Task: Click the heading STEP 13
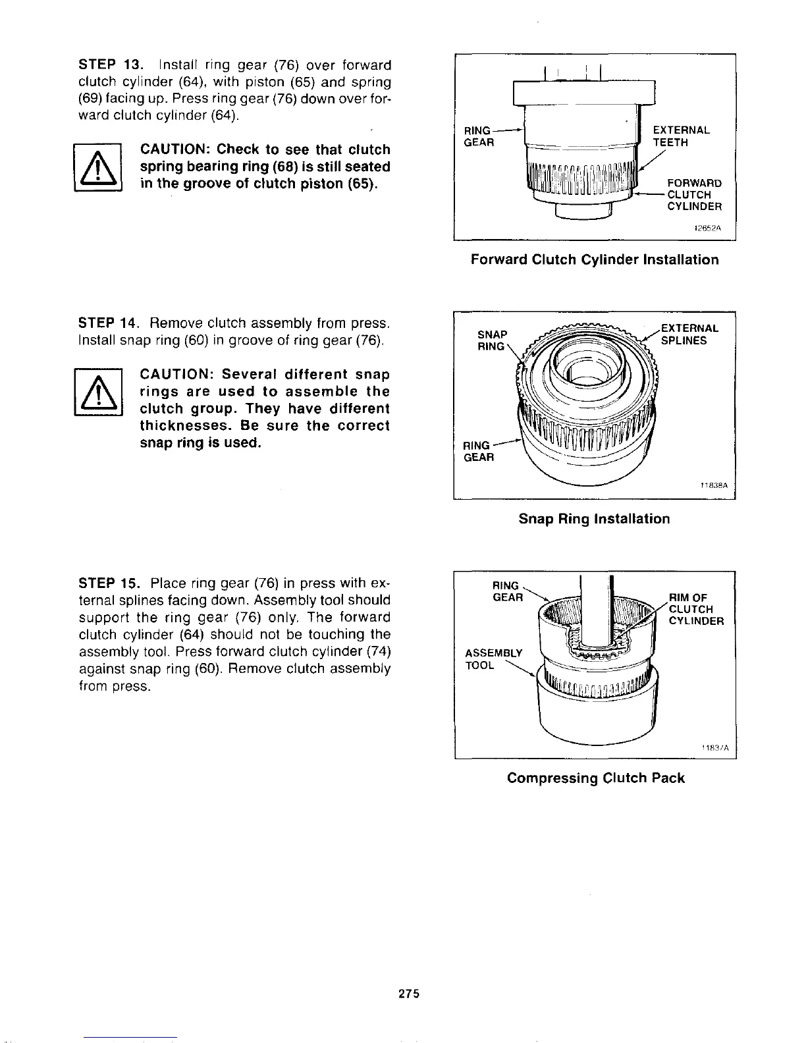[109, 65]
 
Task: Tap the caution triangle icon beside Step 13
[98, 167]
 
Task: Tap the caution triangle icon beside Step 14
[98, 392]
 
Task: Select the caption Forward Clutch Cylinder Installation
[594, 259]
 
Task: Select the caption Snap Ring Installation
[594, 519]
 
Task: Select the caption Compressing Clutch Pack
[595, 778]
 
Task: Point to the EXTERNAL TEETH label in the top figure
[680, 136]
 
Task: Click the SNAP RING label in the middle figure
[492, 340]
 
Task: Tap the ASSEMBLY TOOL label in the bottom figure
[493, 658]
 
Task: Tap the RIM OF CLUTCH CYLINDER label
[695, 609]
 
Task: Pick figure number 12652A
[708, 229]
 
